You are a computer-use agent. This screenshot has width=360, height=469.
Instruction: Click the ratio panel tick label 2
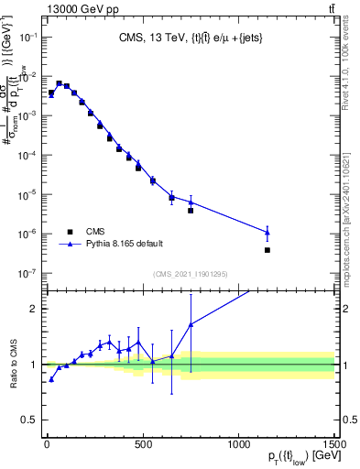pyautogui.click(x=31, y=309)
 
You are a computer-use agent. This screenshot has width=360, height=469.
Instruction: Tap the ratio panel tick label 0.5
pyautogui.click(x=27, y=420)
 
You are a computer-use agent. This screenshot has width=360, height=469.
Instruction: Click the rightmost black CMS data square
pyautogui.click(x=267, y=250)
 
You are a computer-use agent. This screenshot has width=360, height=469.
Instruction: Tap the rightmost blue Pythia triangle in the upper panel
pyautogui.click(x=267, y=232)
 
